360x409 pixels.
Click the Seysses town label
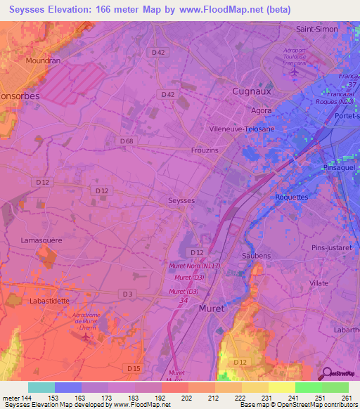(181, 200)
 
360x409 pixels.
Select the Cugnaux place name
(251, 91)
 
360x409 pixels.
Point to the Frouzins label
(206, 150)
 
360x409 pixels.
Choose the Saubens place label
(256, 256)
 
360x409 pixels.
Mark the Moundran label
(44, 61)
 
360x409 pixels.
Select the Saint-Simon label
(316, 30)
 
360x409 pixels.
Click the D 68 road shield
(127, 141)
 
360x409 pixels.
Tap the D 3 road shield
(128, 293)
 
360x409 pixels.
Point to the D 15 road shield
(134, 368)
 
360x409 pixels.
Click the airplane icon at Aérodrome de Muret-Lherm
(86, 337)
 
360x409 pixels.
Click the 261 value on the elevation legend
(345, 398)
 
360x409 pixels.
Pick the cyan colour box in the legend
(41, 387)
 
